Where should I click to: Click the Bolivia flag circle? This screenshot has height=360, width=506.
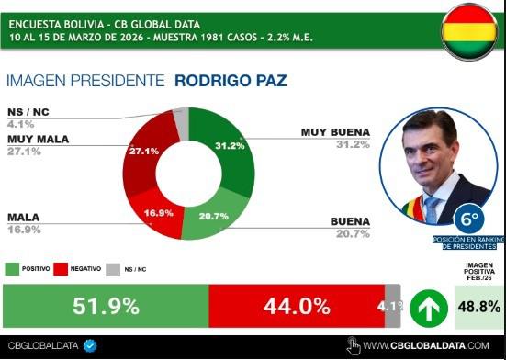click(x=469, y=31)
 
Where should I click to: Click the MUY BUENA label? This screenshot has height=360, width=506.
click(x=335, y=132)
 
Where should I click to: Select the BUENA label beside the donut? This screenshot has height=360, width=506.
click(x=349, y=221)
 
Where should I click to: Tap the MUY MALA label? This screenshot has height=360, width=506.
click(x=37, y=139)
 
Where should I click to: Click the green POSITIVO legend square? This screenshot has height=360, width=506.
click(x=13, y=268)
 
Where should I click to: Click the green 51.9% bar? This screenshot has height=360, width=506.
click(x=106, y=306)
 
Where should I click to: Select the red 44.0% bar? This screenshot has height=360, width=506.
click(x=296, y=306)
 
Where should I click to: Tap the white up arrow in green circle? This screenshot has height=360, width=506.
click(x=425, y=307)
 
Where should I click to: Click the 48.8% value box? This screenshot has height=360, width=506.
click(x=478, y=307)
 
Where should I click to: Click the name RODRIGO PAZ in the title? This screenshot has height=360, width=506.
click(x=231, y=81)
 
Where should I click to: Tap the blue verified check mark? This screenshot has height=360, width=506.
click(x=90, y=345)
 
